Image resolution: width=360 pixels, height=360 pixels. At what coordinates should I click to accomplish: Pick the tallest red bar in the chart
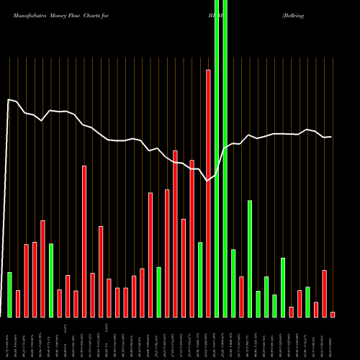point(208,193)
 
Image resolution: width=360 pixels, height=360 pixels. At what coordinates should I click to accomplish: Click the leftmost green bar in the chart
point(9,294)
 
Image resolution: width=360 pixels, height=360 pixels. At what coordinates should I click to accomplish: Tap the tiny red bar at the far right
point(333,314)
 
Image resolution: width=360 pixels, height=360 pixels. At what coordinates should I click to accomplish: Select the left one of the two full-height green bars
point(217,158)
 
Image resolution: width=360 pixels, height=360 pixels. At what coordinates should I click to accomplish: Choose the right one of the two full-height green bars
point(225,158)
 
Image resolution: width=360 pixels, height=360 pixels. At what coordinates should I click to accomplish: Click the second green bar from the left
point(51,280)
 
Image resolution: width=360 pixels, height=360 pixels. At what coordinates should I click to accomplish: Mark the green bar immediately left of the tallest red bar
point(200,279)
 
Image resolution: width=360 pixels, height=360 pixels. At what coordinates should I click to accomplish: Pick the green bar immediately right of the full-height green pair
point(233,283)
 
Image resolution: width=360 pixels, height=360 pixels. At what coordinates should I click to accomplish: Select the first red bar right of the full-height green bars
point(241,297)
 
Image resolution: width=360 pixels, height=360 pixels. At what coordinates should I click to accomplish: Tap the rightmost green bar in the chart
point(307,302)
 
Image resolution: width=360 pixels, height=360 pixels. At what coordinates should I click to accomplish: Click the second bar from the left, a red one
point(18,303)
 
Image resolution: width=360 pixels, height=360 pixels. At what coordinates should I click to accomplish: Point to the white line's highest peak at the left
point(9,99)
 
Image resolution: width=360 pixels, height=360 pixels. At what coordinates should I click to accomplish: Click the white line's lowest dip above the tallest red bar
point(208,181)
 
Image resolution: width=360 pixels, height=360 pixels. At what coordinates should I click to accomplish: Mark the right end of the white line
point(331,137)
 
